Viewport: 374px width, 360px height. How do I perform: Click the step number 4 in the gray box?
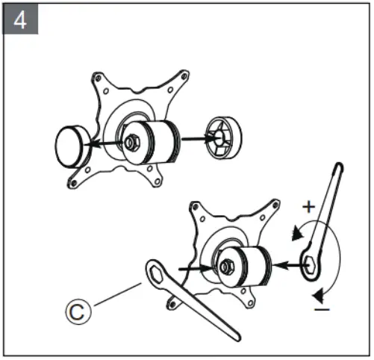(x=20, y=20)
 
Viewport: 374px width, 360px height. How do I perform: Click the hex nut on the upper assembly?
(x=131, y=140)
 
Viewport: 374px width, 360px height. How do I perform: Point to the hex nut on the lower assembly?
(x=227, y=264)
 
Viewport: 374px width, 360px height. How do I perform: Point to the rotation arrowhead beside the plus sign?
(x=299, y=232)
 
